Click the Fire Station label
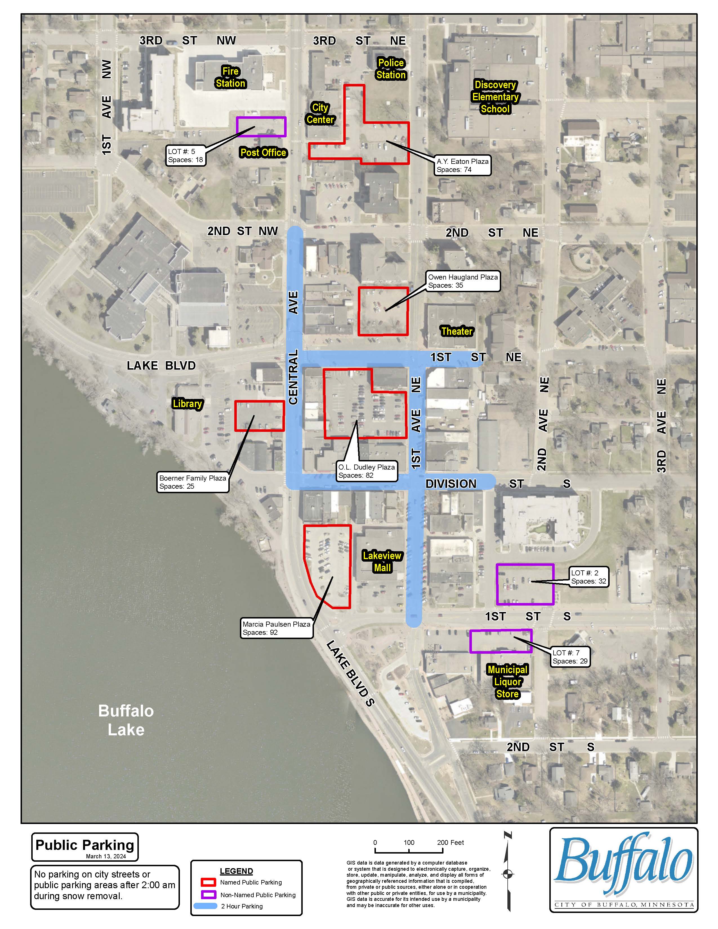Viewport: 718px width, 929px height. click(x=231, y=77)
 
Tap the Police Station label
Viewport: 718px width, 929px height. click(x=391, y=69)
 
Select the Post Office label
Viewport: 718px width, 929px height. click(x=263, y=152)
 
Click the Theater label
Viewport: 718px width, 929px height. click(x=457, y=331)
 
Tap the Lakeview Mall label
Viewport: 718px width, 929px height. click(x=382, y=562)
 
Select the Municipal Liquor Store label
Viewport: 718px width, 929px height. click(x=507, y=682)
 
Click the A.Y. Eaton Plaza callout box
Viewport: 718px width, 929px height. click(x=462, y=166)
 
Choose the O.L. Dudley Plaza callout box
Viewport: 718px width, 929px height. click(x=366, y=471)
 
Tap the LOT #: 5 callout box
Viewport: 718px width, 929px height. click(x=186, y=156)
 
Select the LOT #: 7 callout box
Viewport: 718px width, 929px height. click(x=570, y=657)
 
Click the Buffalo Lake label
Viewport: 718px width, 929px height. click(x=126, y=720)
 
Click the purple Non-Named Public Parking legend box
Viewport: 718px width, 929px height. click(x=208, y=895)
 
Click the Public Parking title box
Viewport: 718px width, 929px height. click(x=85, y=847)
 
